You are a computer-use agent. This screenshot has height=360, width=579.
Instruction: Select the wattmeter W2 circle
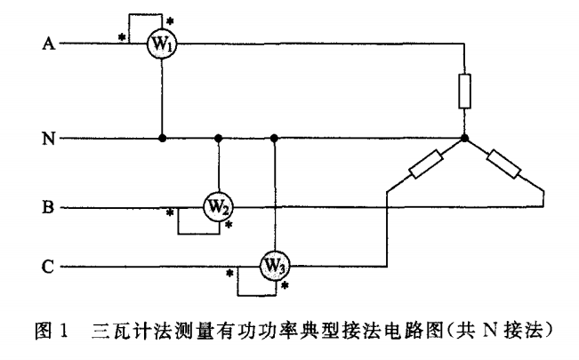point(219,207)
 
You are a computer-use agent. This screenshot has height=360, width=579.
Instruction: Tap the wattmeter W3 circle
point(275,264)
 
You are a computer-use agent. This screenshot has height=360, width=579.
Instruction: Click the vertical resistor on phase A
point(463,92)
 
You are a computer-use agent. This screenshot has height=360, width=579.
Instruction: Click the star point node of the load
point(463,139)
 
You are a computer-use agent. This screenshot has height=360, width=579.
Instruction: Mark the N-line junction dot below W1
point(161,139)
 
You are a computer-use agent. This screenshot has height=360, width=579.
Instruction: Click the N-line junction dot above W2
point(219,139)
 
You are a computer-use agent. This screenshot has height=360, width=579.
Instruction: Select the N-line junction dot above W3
point(275,139)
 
